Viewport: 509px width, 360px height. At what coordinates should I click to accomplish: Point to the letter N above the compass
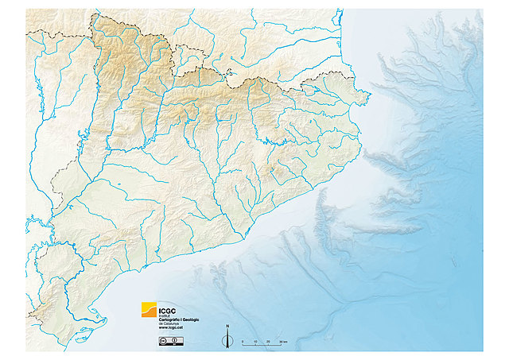[227, 327]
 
